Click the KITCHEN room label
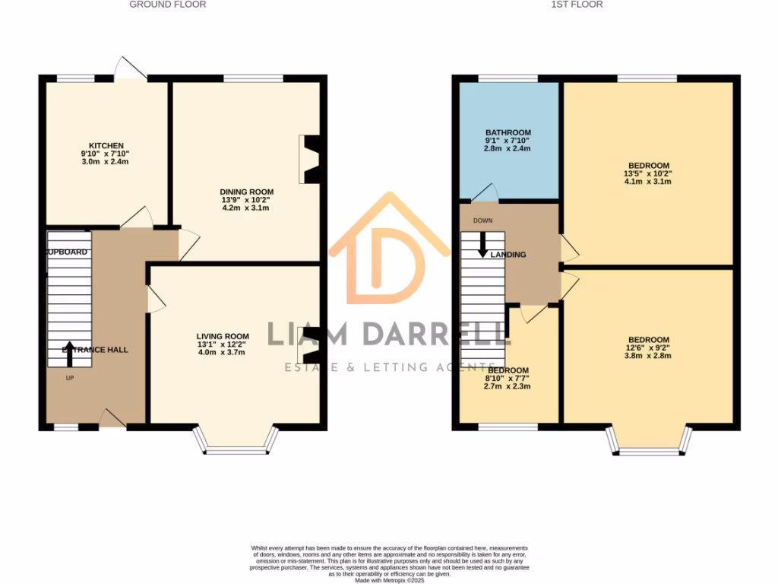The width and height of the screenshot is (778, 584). coord(106,146)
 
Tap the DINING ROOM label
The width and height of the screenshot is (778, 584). coord(247,192)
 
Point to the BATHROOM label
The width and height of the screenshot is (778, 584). coord(508,133)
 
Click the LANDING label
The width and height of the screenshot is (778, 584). coord(508,255)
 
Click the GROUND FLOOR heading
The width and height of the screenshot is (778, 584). coord(168,5)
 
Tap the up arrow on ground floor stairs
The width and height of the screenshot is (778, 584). coord(70,354)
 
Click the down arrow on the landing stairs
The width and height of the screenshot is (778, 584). coord(482,244)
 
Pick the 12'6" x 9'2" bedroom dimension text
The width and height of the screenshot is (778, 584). coord(648,348)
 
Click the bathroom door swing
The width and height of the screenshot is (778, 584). coord(484,193)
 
